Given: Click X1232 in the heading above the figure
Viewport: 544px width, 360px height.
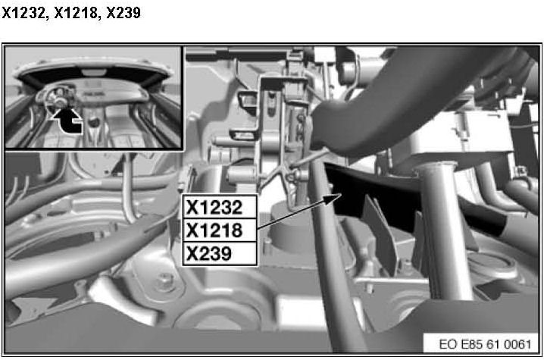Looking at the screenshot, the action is (23, 13).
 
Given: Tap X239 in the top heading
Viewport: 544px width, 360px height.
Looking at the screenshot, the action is (123, 13).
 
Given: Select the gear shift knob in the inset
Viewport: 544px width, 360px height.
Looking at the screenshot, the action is (93, 122).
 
